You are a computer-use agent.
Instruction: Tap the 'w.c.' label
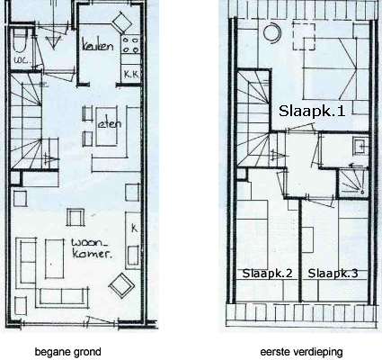tap(22, 59)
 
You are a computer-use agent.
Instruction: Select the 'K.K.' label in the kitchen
tap(131, 74)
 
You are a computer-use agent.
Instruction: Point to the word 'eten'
tap(110, 123)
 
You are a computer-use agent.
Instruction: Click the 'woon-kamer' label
tap(92, 248)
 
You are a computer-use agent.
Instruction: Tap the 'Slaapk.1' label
tap(312, 111)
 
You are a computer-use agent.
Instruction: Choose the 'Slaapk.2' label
tap(267, 274)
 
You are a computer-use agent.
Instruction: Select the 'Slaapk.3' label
tap(333, 274)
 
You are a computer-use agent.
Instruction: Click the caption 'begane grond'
tap(68, 352)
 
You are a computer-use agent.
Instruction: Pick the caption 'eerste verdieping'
tap(301, 352)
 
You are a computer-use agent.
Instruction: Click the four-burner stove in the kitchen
tap(130, 44)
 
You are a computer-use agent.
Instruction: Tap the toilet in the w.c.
tap(21, 41)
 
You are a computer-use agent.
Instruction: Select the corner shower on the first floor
tap(352, 183)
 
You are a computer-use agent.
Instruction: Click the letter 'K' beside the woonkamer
tap(134, 229)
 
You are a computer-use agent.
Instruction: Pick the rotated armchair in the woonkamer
tap(121, 285)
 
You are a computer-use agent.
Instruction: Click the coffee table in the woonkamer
tap(55, 258)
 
